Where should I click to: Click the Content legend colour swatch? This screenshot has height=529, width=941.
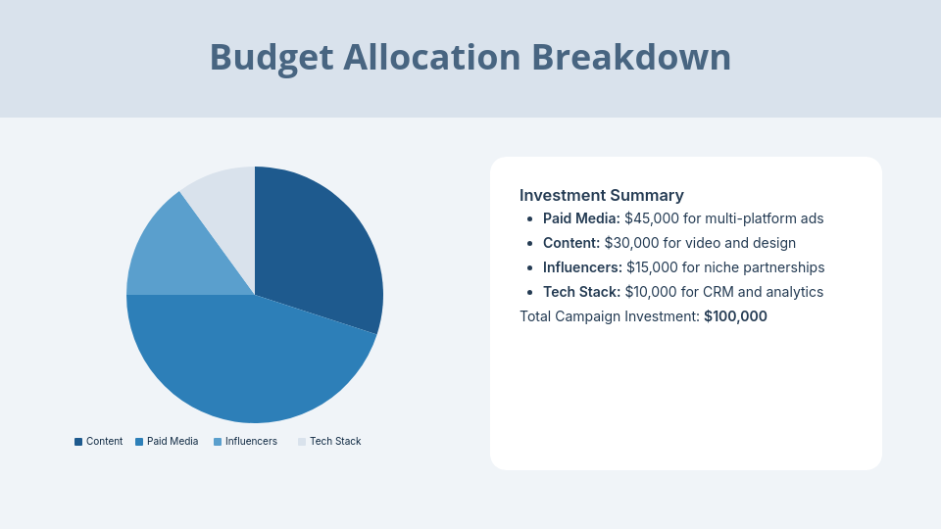coord(78,442)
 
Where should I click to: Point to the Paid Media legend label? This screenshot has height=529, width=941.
coord(173,442)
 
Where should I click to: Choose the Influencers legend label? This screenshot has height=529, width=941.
coord(251,442)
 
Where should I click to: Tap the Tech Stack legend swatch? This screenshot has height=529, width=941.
coord(302,442)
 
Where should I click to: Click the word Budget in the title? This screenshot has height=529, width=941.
coord(272,58)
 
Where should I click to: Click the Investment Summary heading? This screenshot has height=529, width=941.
coord(601,196)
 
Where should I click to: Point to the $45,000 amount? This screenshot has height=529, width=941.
coord(652,218)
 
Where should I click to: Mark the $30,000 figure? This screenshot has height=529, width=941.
coord(631,243)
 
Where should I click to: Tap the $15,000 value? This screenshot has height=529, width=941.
coord(653,267)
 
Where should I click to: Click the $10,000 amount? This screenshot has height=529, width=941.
coord(651,292)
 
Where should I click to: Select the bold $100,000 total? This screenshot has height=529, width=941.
coord(735,316)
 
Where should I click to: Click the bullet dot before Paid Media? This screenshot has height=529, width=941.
coord(529,219)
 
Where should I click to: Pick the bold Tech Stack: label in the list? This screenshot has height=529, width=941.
coord(581,292)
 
